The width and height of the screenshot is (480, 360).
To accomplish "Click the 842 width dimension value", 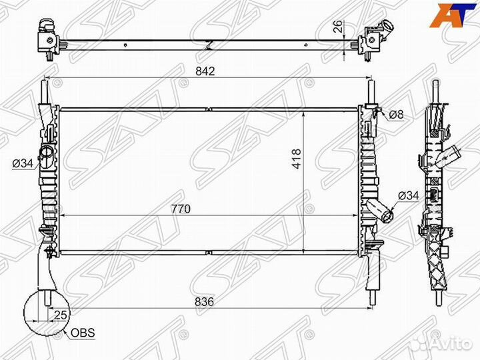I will (x=205, y=71).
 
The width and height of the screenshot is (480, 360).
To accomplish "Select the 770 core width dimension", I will (x=181, y=209).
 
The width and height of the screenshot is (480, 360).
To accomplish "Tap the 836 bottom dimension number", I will (x=205, y=302).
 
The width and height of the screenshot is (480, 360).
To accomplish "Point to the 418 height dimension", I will (x=298, y=158).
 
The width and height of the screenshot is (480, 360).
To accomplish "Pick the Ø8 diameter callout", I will (x=396, y=114).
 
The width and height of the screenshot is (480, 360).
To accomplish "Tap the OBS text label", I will (x=83, y=332).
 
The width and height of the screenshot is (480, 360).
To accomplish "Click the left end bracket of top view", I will (x=48, y=37).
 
